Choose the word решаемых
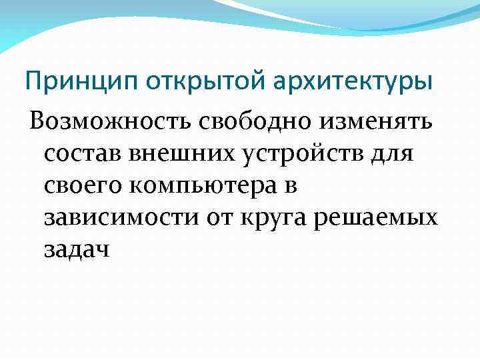coord(382,218)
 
